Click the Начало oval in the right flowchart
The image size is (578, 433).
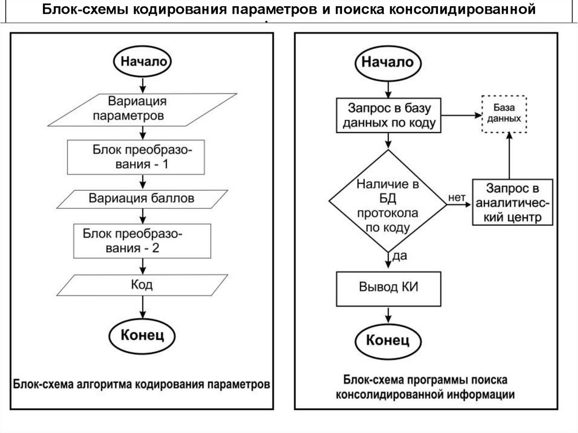click(x=387, y=62)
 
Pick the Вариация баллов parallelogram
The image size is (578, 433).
click(x=141, y=199)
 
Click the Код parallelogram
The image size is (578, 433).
click(x=141, y=285)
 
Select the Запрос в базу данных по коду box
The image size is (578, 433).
click(x=388, y=115)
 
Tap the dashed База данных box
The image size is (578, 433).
click(x=504, y=113)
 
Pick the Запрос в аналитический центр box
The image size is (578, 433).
click(x=511, y=203)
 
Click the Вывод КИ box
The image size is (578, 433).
click(x=388, y=287)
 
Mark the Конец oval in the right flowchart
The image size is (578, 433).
click(x=388, y=340)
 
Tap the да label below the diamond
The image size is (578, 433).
click(x=399, y=257)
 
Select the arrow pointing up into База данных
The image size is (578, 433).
click(x=510, y=155)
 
